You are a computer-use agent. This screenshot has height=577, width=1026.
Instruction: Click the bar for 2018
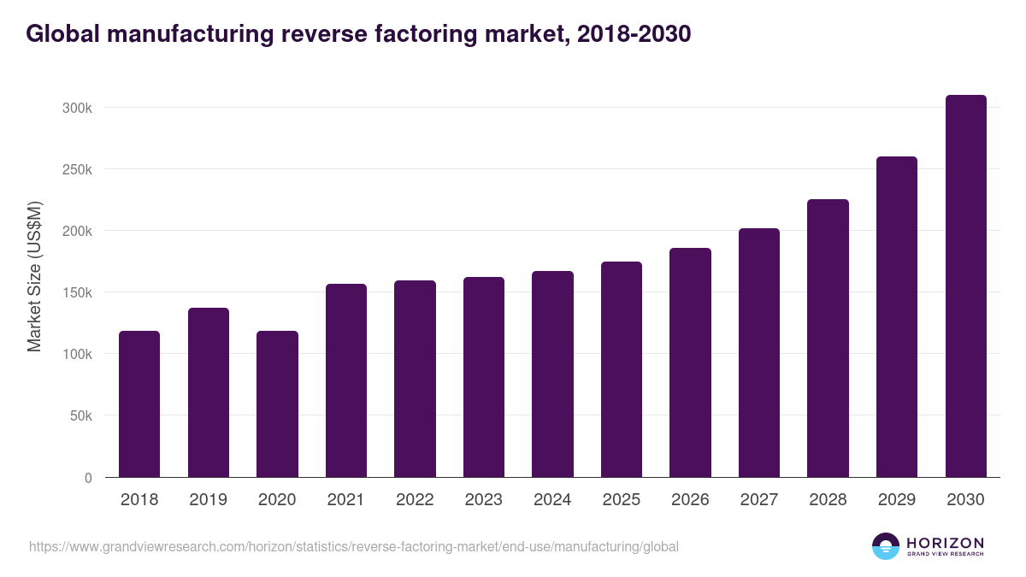[139, 403]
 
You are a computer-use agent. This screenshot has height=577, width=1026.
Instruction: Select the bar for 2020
[277, 403]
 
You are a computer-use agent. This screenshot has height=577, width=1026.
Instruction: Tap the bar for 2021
[346, 380]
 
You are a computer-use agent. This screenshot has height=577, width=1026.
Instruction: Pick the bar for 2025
[622, 369]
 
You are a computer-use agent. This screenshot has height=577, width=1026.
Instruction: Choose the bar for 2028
[828, 338]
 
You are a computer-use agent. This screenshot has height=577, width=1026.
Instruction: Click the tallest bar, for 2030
[965, 286]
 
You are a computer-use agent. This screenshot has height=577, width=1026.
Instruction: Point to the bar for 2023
[484, 377]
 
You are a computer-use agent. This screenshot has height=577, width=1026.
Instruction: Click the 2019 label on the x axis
[209, 500]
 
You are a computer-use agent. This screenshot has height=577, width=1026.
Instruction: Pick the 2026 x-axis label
[690, 500]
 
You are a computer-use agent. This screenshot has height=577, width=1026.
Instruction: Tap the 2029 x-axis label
[897, 500]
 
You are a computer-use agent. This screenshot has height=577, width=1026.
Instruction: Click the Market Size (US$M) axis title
[34, 277]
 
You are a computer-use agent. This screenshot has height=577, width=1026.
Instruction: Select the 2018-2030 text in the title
[634, 34]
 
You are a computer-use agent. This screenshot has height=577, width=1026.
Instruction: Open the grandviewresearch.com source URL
[354, 546]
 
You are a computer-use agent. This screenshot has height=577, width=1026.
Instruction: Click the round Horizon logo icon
[886, 546]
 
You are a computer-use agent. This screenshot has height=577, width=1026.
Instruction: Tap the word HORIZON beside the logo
[945, 543]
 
